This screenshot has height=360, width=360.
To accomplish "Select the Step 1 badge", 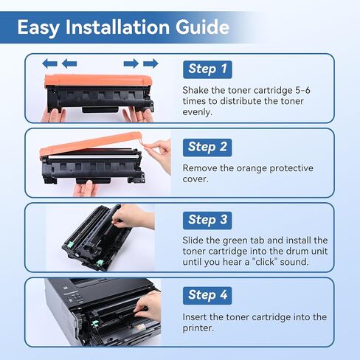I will click(207, 69).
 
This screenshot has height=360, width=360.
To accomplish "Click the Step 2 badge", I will click(207, 146).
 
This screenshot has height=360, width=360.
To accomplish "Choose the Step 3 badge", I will click(207, 219).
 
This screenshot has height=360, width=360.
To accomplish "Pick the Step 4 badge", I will click(207, 294).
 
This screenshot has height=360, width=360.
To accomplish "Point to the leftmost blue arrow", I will click(50, 63).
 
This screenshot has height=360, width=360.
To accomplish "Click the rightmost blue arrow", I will click(150, 63).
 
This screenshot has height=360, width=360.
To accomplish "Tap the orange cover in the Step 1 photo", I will click(97, 80).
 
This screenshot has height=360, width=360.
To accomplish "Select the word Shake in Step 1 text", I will click(197, 90).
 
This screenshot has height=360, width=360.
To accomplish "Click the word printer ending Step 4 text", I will click(200, 328).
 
